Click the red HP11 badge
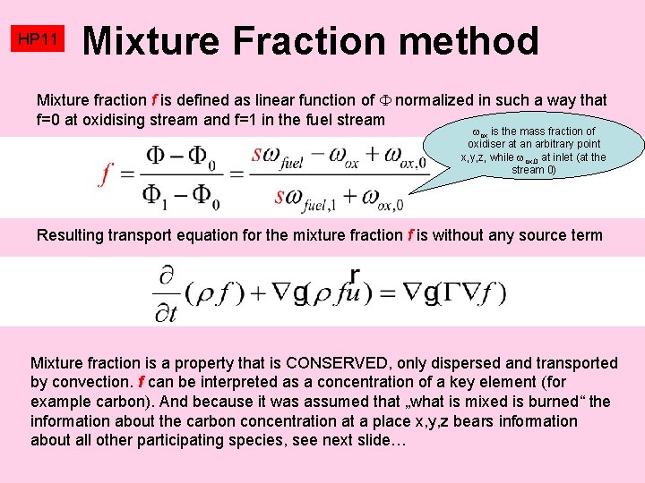(39, 40)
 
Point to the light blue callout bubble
(532, 150)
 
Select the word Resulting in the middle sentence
(71, 235)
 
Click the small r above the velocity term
(355, 274)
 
